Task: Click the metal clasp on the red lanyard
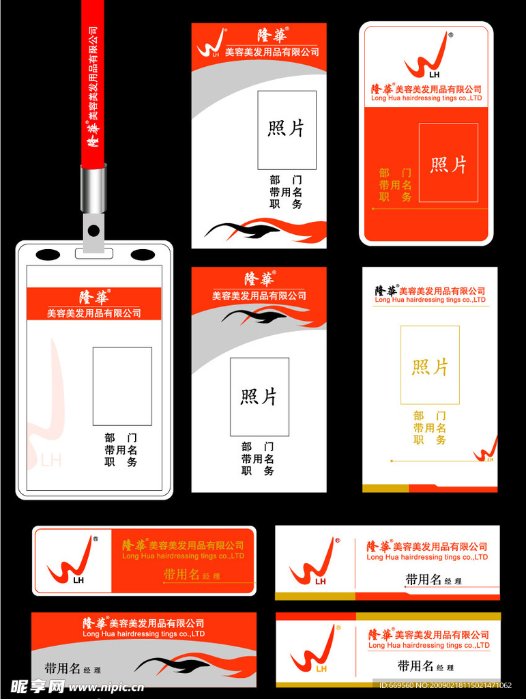(93, 188)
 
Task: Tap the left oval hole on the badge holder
(48, 255)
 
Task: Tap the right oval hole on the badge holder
(143, 255)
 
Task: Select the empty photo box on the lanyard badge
(122, 386)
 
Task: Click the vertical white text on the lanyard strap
(93, 89)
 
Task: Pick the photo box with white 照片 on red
(448, 163)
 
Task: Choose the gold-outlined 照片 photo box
(430, 365)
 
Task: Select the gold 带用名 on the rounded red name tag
(181, 574)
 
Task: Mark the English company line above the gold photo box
(430, 300)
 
